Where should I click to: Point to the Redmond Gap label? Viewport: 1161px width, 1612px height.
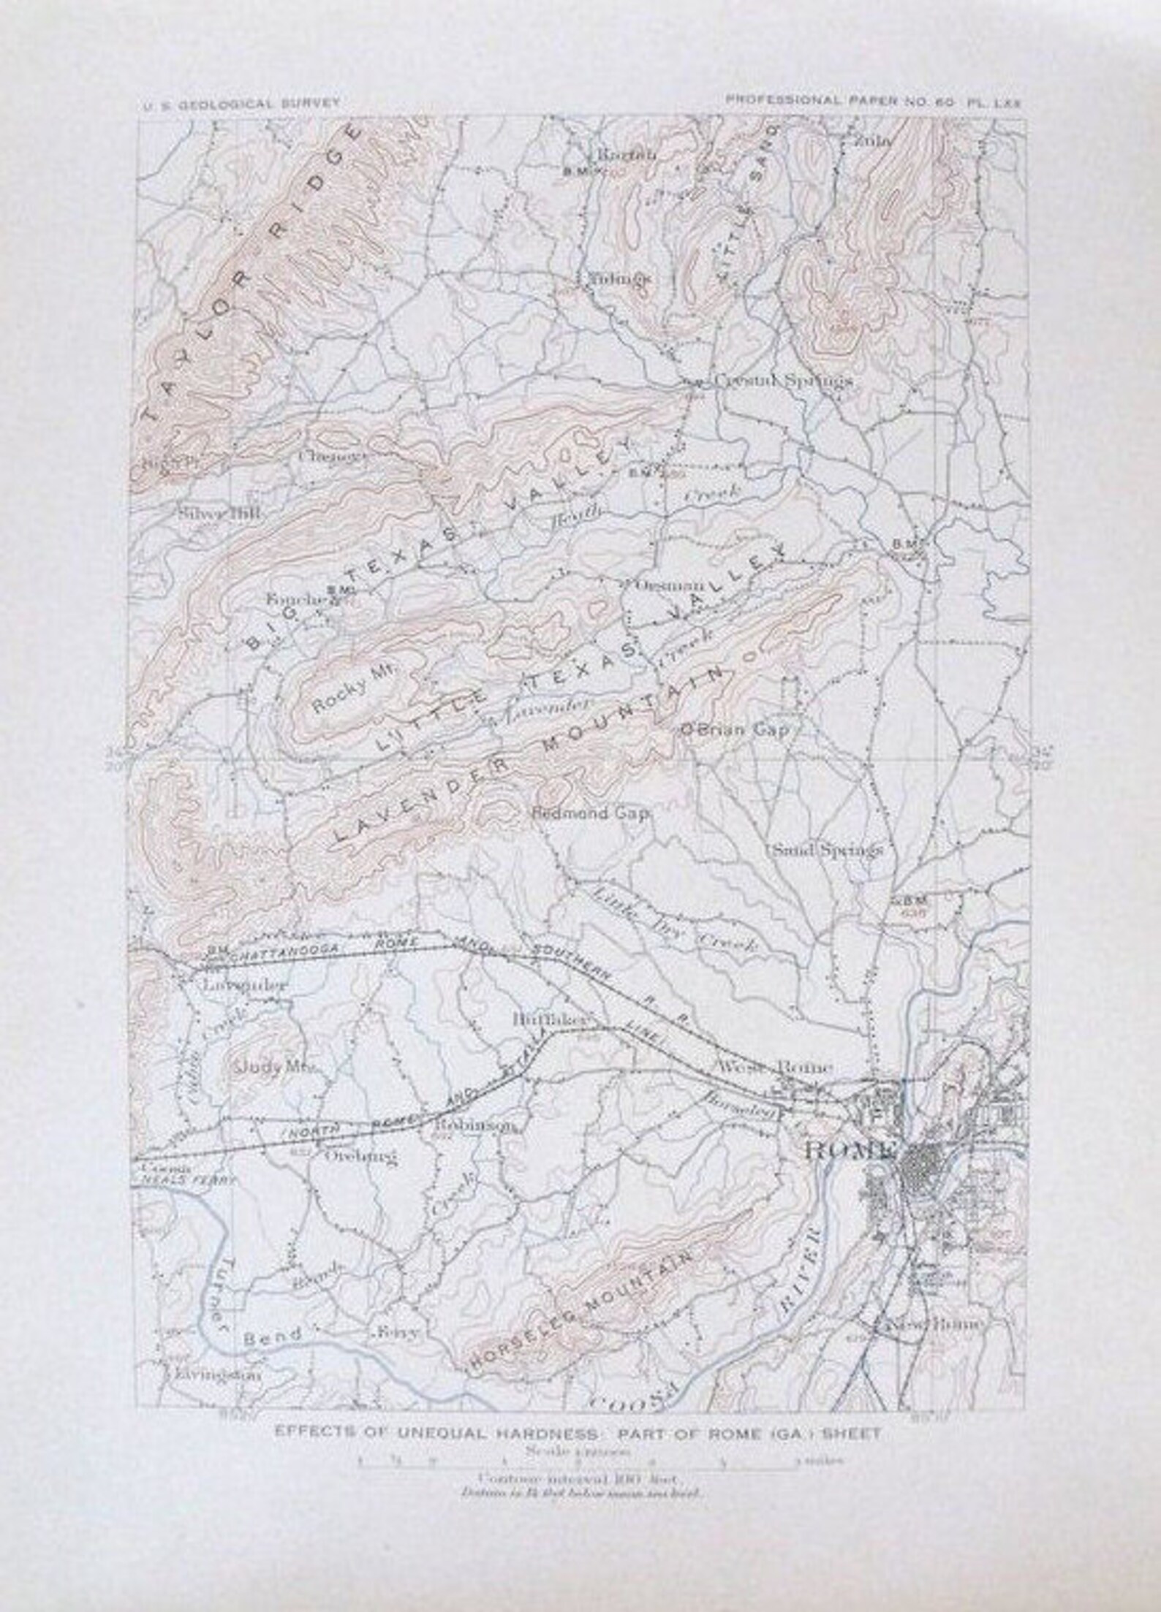591,813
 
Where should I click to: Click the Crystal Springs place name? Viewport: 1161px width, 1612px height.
783,381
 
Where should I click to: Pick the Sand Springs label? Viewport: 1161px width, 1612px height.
827,850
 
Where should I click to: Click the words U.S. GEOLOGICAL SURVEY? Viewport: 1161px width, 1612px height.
241,103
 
